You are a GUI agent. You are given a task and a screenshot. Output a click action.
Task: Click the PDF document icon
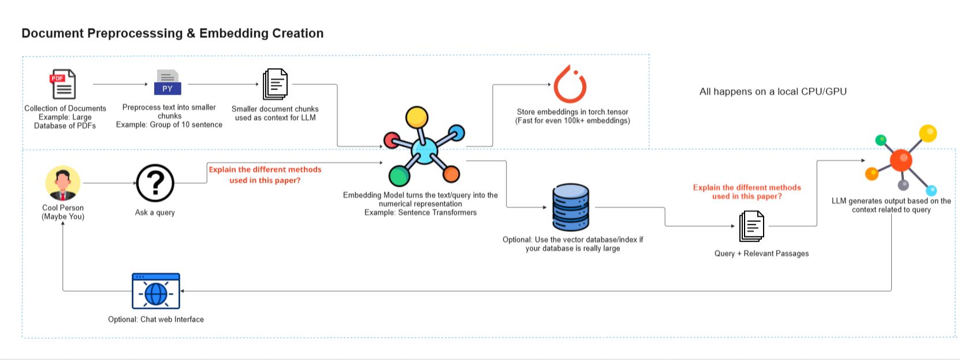62,84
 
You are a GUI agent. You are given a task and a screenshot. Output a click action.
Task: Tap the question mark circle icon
155,183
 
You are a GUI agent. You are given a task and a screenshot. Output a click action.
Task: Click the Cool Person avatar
62,183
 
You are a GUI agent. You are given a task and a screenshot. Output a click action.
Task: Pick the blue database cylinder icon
570,207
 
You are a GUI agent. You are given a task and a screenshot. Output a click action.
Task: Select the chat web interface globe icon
156,291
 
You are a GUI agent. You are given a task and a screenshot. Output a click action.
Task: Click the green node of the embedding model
399,176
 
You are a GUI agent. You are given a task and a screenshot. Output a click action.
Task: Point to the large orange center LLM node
901,160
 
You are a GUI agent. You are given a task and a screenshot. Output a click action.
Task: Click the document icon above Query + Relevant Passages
751,227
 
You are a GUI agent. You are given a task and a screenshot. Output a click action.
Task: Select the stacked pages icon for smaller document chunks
275,84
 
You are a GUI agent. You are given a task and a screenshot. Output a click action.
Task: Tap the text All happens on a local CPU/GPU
773,91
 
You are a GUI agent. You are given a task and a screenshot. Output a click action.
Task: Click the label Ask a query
155,213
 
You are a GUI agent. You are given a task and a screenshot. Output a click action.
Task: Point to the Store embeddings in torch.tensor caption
572,116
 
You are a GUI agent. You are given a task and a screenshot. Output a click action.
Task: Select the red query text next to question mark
265,175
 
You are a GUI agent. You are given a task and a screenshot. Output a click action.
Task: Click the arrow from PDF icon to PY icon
120,84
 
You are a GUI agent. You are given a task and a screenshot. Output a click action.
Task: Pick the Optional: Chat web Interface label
156,319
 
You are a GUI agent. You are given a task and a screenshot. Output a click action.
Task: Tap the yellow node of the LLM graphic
927,133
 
